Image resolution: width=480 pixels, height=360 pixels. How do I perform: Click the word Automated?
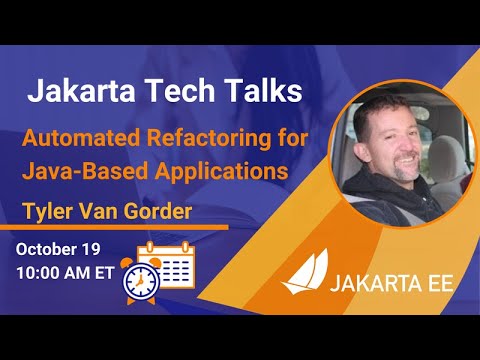86,137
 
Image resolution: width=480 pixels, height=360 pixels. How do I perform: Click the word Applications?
212,170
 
